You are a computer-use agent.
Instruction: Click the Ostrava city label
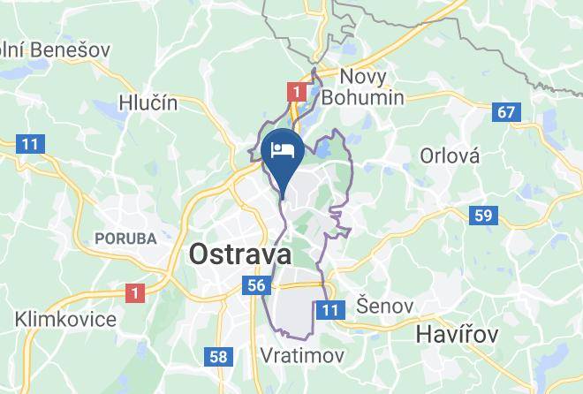pyautogui.click(x=240, y=254)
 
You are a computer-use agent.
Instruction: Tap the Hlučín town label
pyautogui.click(x=148, y=102)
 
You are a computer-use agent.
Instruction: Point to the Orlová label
pyautogui.click(x=450, y=156)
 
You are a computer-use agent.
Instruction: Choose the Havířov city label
pyautogui.click(x=458, y=335)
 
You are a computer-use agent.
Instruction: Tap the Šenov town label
pyautogui.click(x=384, y=307)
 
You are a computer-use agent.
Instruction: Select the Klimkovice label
pyautogui.click(x=65, y=318)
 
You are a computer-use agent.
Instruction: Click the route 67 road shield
pyautogui.click(x=505, y=112)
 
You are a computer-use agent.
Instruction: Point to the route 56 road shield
pyautogui.click(x=256, y=284)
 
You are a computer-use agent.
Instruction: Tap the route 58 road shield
pyautogui.click(x=217, y=356)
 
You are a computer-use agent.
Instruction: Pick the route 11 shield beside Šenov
pyautogui.click(x=330, y=309)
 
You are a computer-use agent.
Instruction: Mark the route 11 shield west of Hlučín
pyautogui.click(x=30, y=143)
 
